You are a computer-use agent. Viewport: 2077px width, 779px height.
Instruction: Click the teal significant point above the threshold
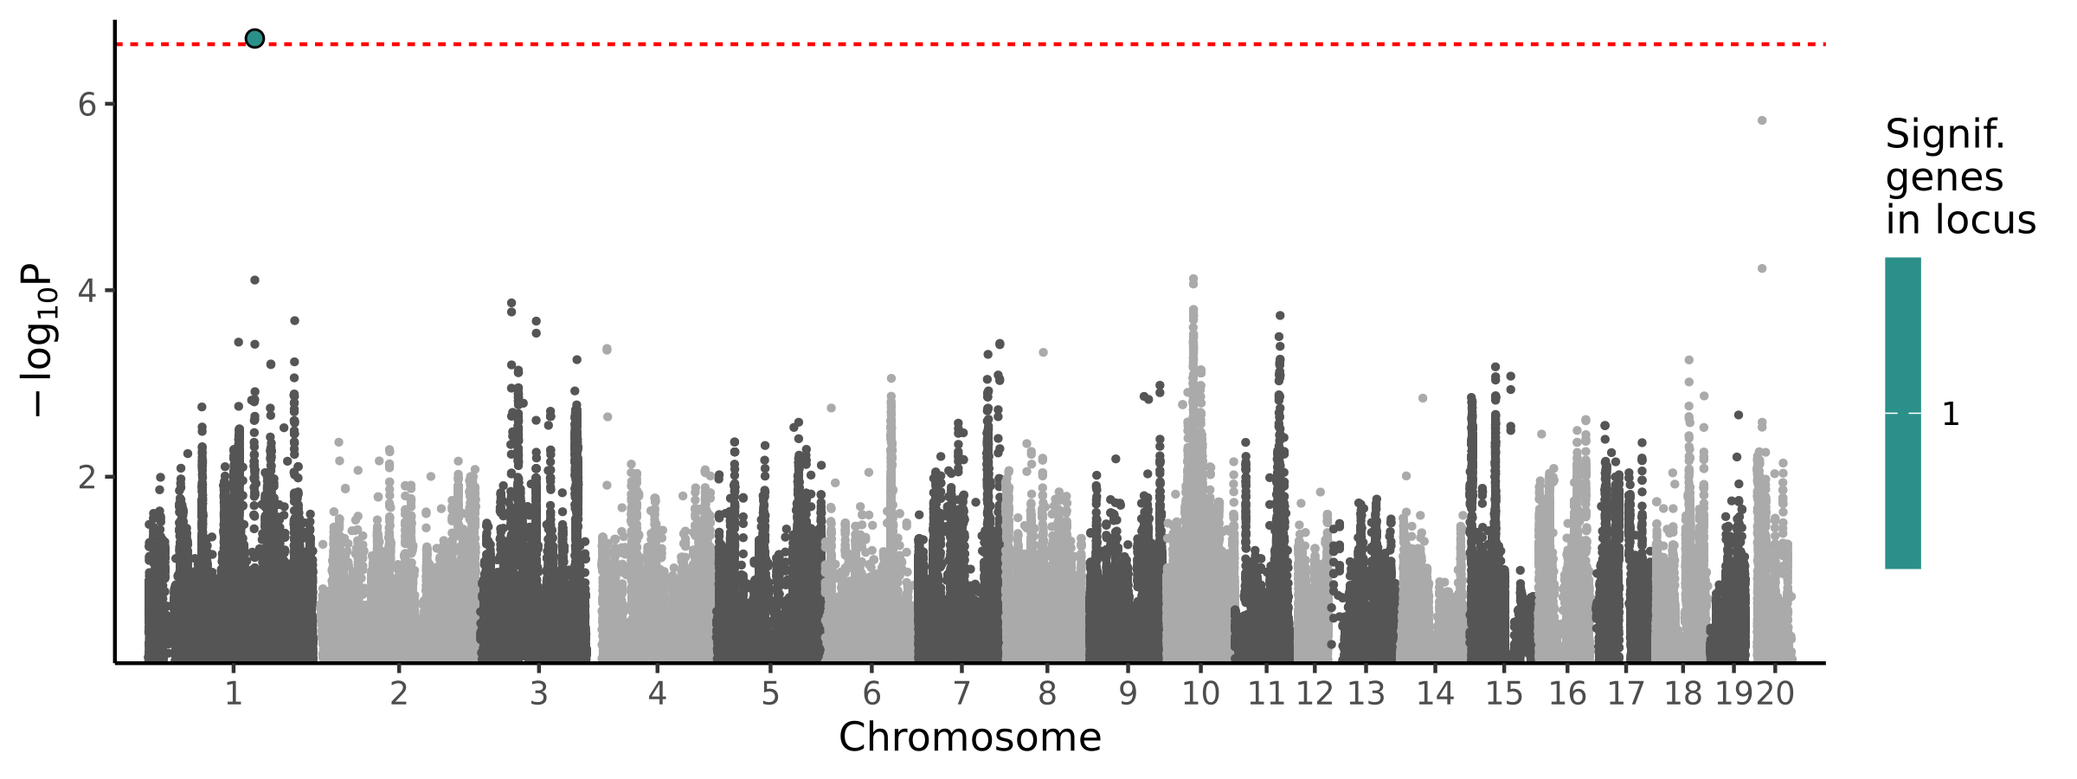click(x=254, y=38)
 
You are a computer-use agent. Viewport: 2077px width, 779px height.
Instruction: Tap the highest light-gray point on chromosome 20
click(x=1762, y=120)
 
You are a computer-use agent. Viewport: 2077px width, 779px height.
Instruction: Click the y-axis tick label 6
click(x=87, y=105)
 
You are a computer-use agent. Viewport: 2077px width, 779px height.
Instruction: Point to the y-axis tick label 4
click(x=87, y=290)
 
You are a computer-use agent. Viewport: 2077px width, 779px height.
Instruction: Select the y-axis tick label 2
click(x=87, y=477)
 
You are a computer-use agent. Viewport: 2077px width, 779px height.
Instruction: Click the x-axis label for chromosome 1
click(x=233, y=694)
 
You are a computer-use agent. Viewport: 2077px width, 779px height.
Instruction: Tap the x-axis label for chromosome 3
click(x=539, y=694)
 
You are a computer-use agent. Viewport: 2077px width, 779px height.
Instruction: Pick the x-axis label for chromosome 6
click(x=871, y=694)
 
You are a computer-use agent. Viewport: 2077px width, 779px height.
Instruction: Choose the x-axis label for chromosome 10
click(x=1200, y=694)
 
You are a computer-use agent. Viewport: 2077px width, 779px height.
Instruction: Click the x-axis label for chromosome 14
click(x=1435, y=694)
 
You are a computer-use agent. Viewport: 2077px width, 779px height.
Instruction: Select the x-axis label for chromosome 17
click(x=1625, y=694)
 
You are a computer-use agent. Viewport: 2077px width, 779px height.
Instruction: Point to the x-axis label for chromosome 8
click(x=1047, y=694)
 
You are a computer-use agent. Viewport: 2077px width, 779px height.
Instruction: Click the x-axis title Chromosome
click(x=969, y=738)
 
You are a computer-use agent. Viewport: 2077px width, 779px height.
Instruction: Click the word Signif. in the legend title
click(x=1945, y=135)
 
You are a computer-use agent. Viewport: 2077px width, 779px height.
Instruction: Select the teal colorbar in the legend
click(x=1903, y=413)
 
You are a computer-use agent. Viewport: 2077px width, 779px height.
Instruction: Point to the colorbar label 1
click(x=1951, y=415)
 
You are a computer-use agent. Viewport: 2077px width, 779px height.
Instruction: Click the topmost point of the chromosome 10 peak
click(x=1193, y=280)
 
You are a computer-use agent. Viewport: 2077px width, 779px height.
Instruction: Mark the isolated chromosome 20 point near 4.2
click(x=1762, y=268)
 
